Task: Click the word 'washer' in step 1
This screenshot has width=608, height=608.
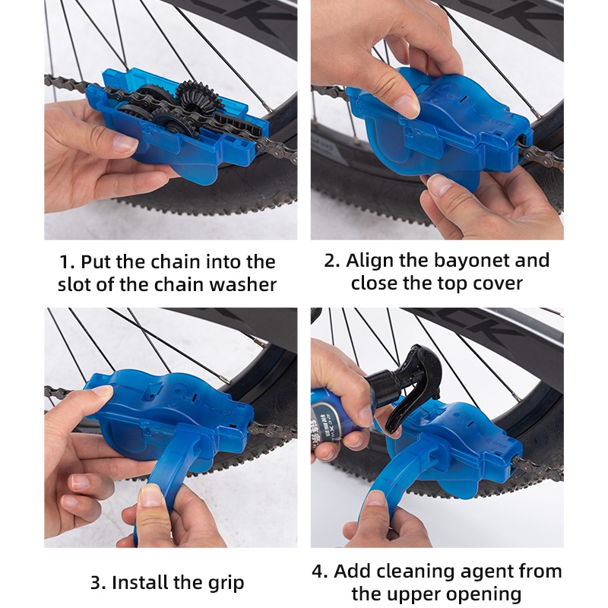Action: [x=243, y=284]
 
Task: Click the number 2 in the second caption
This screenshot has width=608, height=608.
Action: [x=331, y=261]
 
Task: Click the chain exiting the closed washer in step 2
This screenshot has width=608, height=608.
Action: [x=541, y=157]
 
